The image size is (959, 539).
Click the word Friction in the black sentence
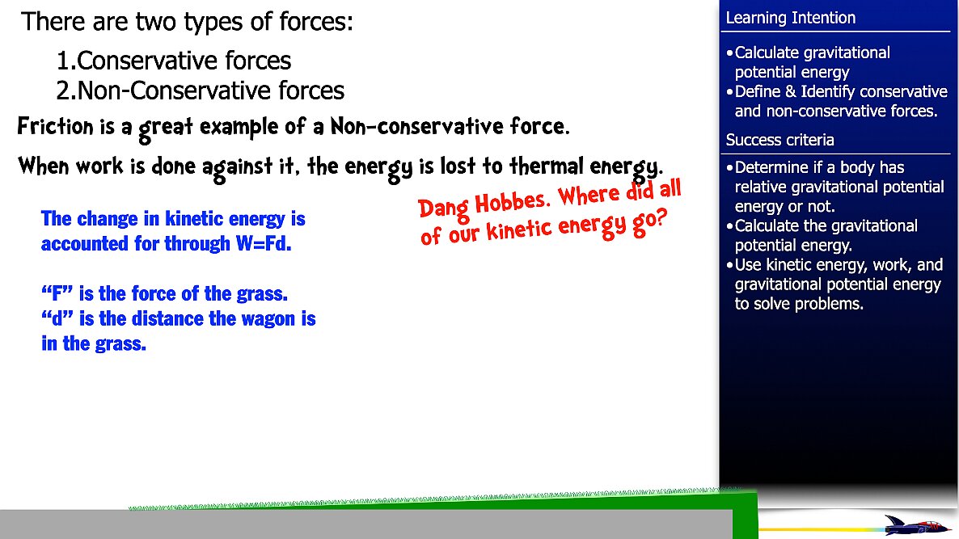50,128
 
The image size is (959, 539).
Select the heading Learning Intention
790,18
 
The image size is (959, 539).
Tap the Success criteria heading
779,140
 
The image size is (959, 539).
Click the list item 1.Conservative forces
174,61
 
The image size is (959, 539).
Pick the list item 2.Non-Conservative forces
201,91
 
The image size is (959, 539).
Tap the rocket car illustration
915,525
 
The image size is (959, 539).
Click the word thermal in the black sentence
542,167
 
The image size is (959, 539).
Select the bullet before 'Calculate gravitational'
730,53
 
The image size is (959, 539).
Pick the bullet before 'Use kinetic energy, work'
730,266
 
